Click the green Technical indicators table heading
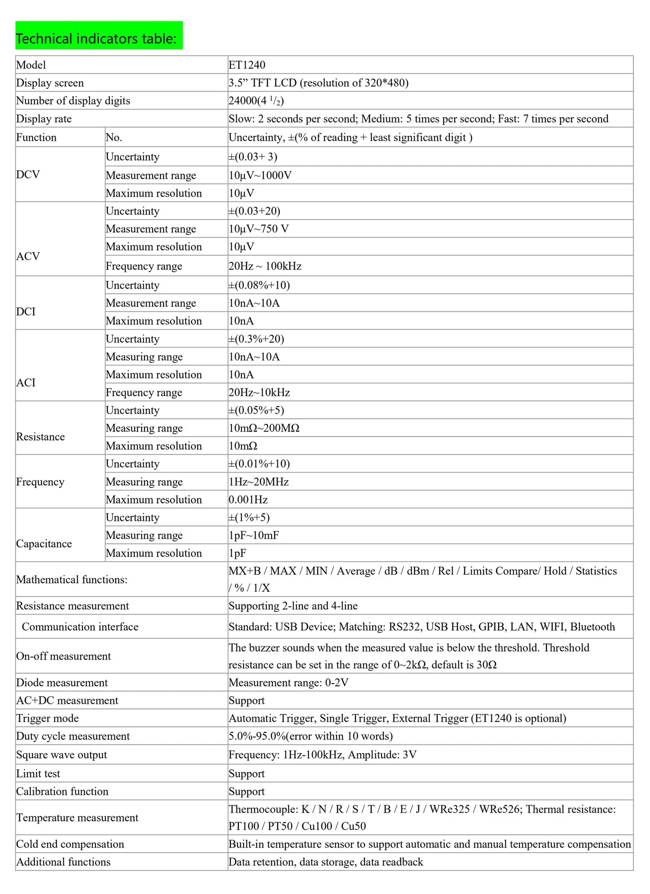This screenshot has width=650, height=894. pyautogui.click(x=96, y=39)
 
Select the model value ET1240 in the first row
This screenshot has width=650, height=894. pyautogui.click(x=247, y=65)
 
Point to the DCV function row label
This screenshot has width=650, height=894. pyautogui.click(x=28, y=174)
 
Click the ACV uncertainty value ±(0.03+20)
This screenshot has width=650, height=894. pyautogui.click(x=254, y=211)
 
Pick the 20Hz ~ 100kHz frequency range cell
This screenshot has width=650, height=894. pyautogui.click(x=265, y=266)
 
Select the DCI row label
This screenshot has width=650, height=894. pyautogui.click(x=26, y=311)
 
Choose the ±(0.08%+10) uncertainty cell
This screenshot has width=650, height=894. pyautogui.click(x=259, y=285)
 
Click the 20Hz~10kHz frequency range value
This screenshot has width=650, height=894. pyautogui.click(x=259, y=393)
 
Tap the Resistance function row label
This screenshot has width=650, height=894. pyautogui.click(x=40, y=436)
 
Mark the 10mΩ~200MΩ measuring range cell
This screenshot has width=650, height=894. pyautogui.click(x=264, y=428)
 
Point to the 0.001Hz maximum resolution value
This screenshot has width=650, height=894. pyautogui.click(x=248, y=500)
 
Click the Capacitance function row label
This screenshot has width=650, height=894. pyautogui.click(x=44, y=544)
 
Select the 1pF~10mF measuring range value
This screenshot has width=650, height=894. pyautogui.click(x=254, y=536)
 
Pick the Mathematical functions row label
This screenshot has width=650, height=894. pyautogui.click(x=71, y=579)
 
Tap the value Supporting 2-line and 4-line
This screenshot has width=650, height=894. pyautogui.click(x=293, y=606)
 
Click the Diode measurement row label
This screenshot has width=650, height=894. pyautogui.click(x=62, y=683)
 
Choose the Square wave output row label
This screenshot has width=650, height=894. pyautogui.click(x=61, y=755)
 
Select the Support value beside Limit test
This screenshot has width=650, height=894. pyautogui.click(x=246, y=774)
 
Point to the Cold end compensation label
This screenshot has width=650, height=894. pyautogui.click(x=70, y=844)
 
